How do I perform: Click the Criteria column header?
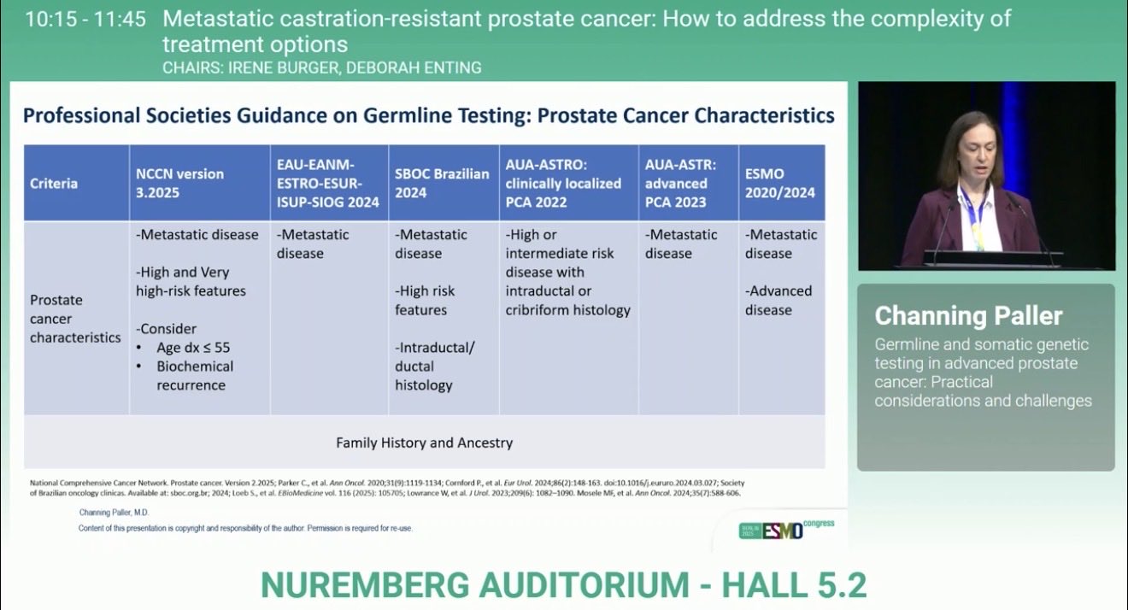[53, 183]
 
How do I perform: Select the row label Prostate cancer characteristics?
[75, 319]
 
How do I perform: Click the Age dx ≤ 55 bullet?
[193, 347]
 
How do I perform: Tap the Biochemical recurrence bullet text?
[195, 375]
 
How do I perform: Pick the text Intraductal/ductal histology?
[434, 367]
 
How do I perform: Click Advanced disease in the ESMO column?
[778, 301]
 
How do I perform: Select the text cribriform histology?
[567, 310]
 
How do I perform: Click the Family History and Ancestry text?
[424, 443]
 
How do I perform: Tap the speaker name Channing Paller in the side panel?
[968, 316]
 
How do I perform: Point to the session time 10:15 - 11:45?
[85, 20]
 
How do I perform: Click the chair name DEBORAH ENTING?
[414, 67]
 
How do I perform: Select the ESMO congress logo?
[786, 530]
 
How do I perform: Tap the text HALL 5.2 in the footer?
[794, 585]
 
